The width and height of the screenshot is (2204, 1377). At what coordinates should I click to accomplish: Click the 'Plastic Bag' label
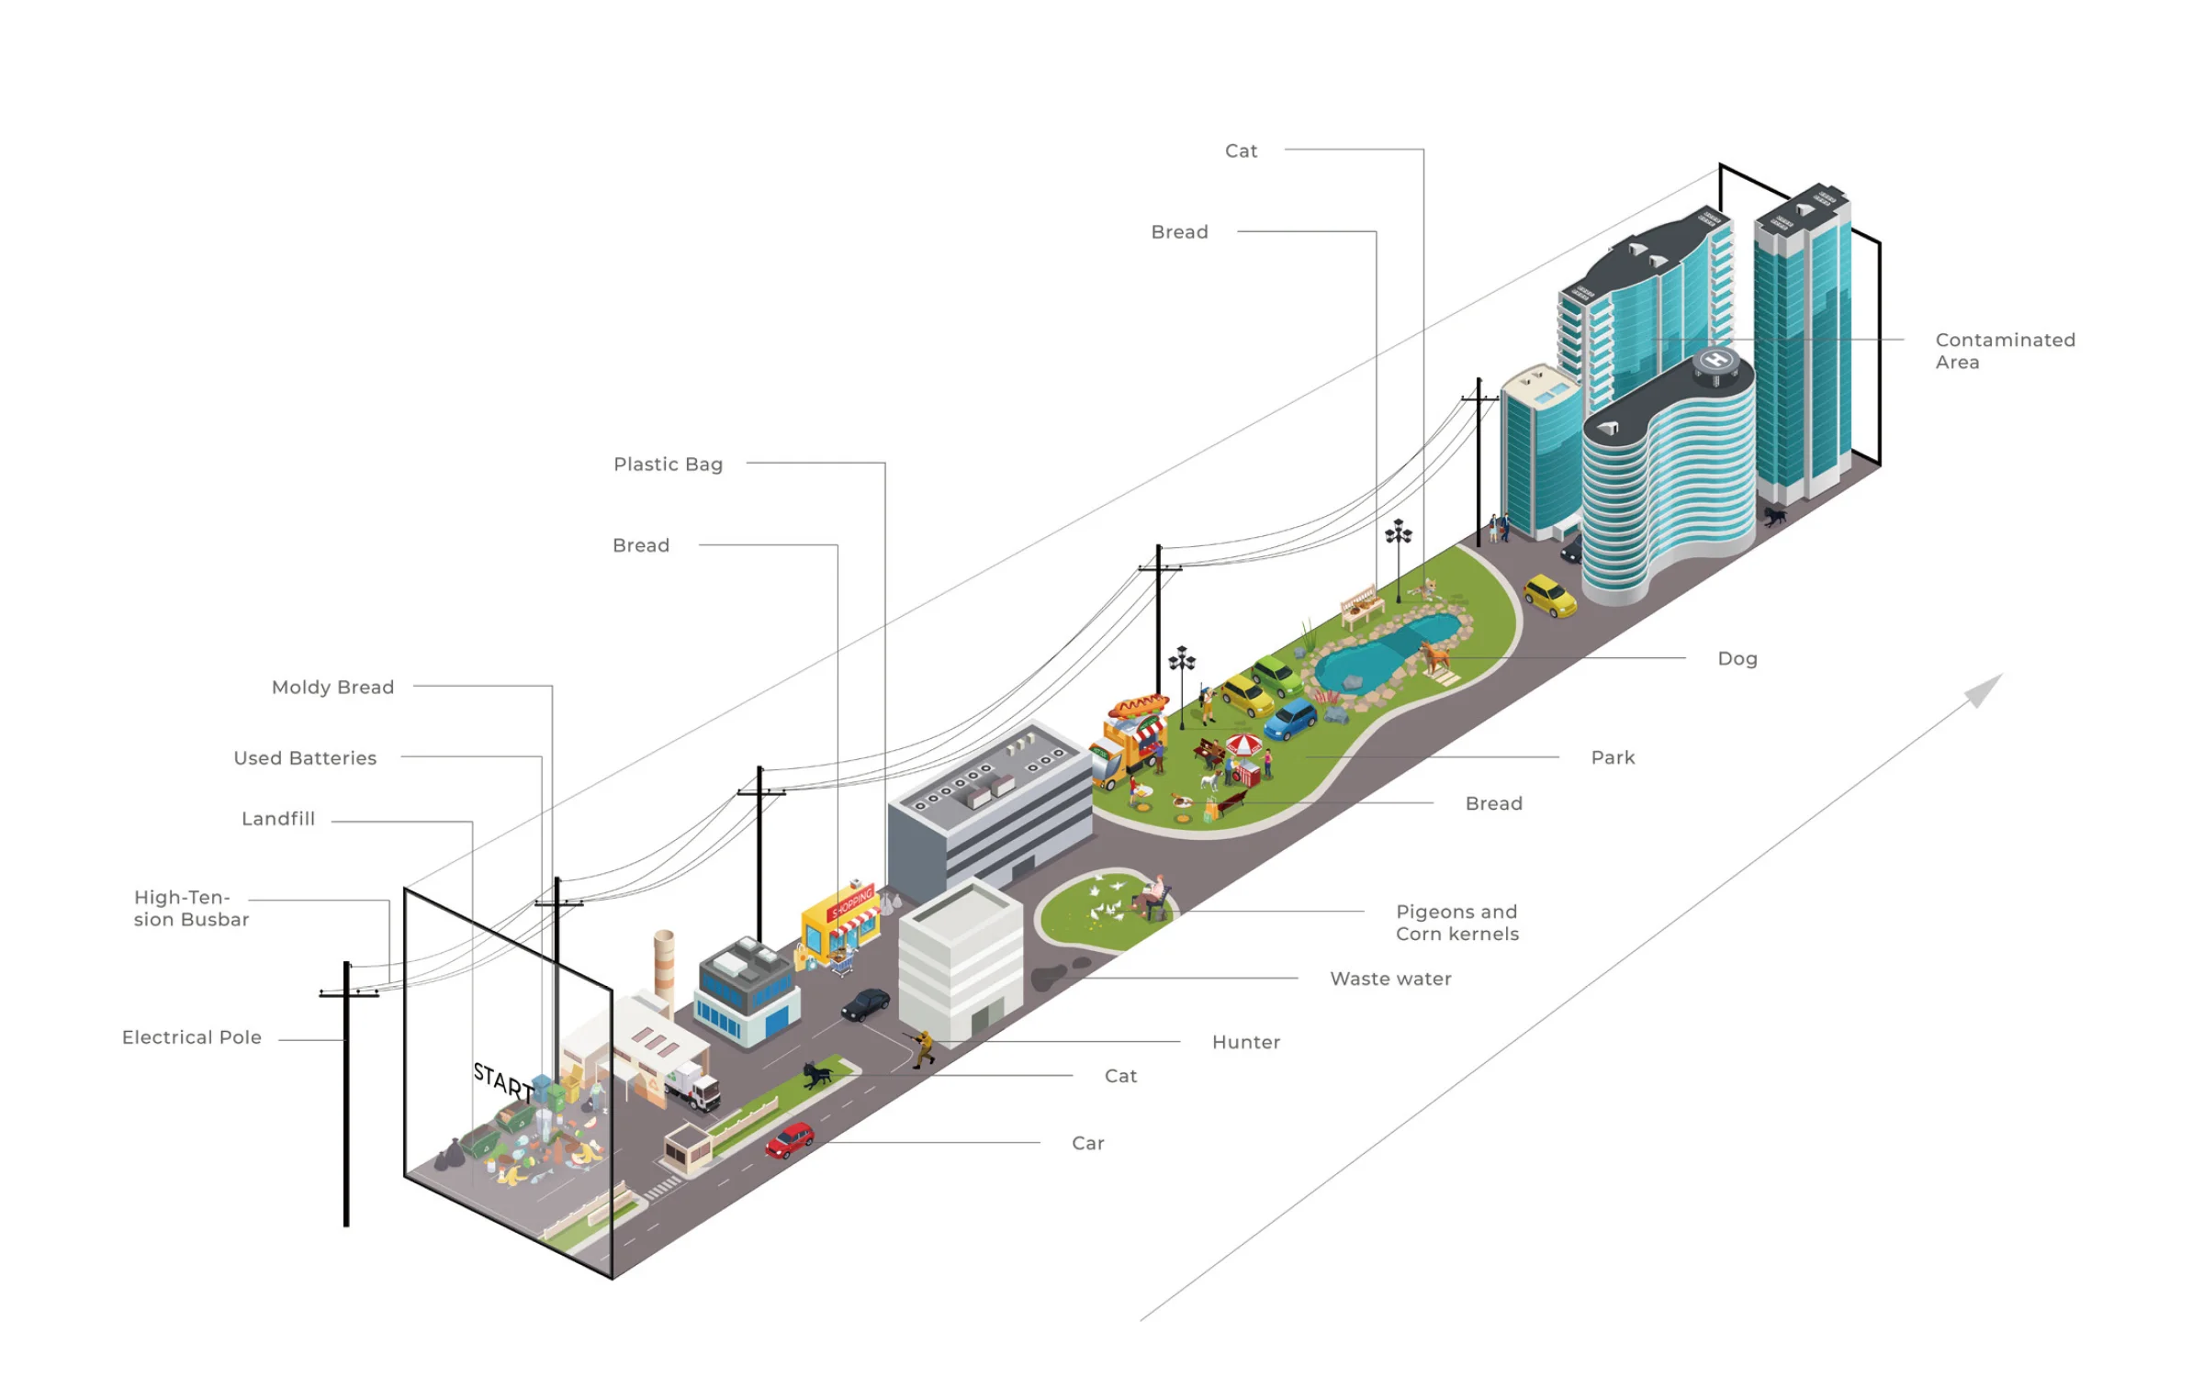pos(669,465)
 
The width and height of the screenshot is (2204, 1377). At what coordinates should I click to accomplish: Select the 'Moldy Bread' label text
pos(332,687)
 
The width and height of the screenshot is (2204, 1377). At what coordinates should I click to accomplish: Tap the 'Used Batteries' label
pos(305,757)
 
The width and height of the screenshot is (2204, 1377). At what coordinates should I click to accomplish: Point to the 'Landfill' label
pos(278,818)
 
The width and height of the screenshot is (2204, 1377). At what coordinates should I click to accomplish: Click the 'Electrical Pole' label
pos(192,1037)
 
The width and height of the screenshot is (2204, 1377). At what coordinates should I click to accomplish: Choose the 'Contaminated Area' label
pos(2005,351)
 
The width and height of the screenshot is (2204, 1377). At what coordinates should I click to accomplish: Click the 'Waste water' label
pos(1390,979)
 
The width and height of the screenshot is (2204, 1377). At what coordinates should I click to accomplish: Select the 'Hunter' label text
pos(1246,1042)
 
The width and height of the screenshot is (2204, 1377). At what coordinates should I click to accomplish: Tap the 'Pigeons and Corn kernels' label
pos(1457,923)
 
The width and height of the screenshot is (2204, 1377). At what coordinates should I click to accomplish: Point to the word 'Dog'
pos(1737,658)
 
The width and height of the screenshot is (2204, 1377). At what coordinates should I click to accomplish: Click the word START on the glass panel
pos(503,1081)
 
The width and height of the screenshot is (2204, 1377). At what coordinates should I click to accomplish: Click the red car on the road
pos(790,1140)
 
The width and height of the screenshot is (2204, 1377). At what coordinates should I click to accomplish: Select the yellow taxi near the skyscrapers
pos(1550,595)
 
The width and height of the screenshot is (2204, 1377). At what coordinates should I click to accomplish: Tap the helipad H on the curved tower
pos(1716,360)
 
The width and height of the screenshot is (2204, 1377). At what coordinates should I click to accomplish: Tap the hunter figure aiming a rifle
pos(921,1048)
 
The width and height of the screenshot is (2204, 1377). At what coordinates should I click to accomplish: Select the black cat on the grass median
pos(816,1074)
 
